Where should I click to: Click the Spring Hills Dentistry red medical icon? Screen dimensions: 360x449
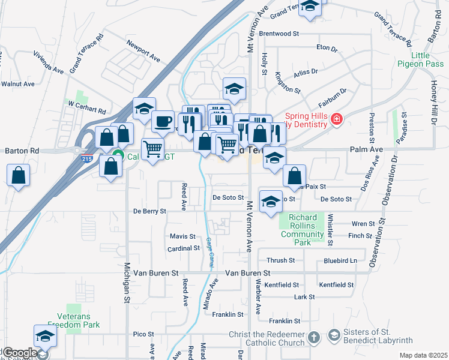coord(337,119)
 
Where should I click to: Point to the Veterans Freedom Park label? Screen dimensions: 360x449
coord(78,320)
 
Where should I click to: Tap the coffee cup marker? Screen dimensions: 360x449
coord(163,122)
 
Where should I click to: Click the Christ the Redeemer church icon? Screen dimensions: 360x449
coord(313,338)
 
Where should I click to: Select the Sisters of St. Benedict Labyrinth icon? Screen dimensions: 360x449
coord(334,334)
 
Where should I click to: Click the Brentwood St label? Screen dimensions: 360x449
coord(279,34)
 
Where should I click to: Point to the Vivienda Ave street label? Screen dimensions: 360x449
coord(49,66)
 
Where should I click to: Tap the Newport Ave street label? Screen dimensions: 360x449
coord(143,52)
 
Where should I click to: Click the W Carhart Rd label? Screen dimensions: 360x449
coord(86,107)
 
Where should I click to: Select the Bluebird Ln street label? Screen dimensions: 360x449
coord(340,260)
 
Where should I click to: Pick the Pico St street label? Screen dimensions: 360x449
coord(143,334)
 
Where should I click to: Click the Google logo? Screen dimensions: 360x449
coord(19,353)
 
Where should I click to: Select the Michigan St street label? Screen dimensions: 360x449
coord(127,281)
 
